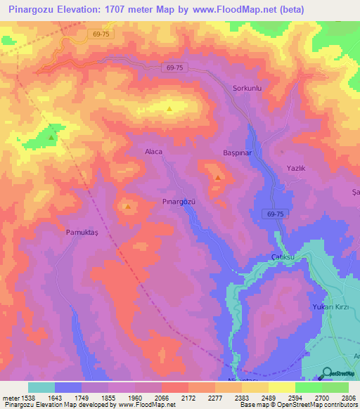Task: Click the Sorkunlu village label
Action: [247, 89]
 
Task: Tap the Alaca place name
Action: [153, 152]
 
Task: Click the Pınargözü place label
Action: [178, 202]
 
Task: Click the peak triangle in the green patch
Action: [51, 138]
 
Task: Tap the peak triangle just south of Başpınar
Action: [218, 177]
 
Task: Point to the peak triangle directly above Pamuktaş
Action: [127, 207]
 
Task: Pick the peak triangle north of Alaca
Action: [169, 109]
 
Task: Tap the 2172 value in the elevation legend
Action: [187, 398]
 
